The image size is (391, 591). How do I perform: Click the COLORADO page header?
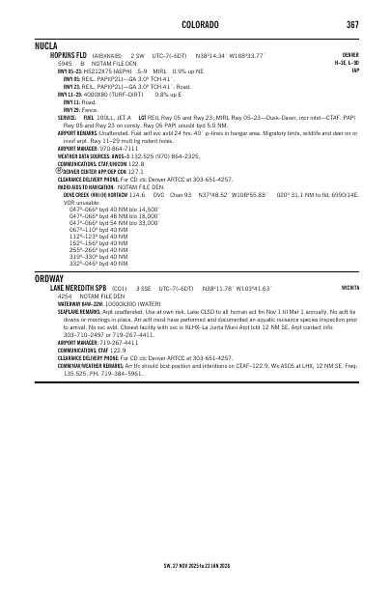(195, 24)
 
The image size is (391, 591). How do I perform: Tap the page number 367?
(353, 24)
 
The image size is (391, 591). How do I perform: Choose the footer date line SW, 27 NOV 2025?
(195, 565)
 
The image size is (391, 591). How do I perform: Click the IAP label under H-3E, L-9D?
(355, 70)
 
